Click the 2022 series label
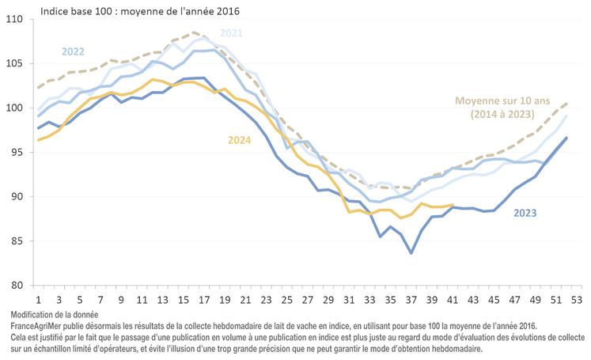(73, 51)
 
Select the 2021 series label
(231, 33)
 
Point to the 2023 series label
(527, 213)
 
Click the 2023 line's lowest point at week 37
(411, 253)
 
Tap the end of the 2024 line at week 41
(452, 205)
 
